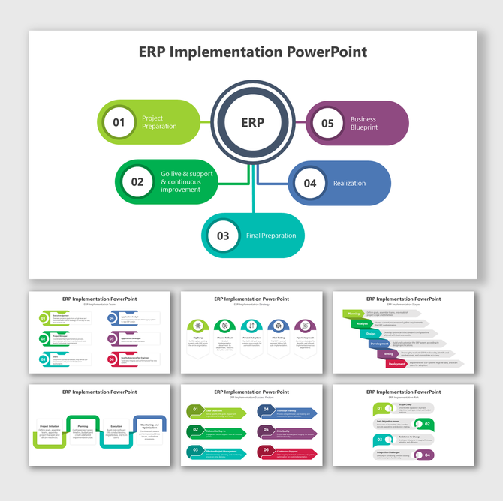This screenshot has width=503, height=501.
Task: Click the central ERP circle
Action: click(253, 122)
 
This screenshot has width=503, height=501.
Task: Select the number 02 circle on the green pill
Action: click(137, 181)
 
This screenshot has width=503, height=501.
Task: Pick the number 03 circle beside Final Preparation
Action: click(223, 235)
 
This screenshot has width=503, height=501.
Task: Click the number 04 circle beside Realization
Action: click(310, 183)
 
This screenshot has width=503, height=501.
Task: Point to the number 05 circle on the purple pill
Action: click(327, 123)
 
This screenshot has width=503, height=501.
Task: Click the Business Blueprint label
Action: click(364, 123)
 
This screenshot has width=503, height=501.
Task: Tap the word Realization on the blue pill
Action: click(350, 183)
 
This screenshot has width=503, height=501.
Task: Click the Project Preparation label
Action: click(159, 122)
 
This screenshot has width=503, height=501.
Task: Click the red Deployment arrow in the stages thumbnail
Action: click(397, 364)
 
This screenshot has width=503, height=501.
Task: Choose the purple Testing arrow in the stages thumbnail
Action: click(388, 353)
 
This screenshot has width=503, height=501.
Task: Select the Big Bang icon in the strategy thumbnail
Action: click(197, 326)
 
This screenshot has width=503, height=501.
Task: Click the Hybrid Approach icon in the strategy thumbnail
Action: click(305, 326)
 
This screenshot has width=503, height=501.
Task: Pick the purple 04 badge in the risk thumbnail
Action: click(429, 454)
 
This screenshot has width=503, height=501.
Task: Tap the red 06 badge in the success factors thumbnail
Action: click(265, 451)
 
